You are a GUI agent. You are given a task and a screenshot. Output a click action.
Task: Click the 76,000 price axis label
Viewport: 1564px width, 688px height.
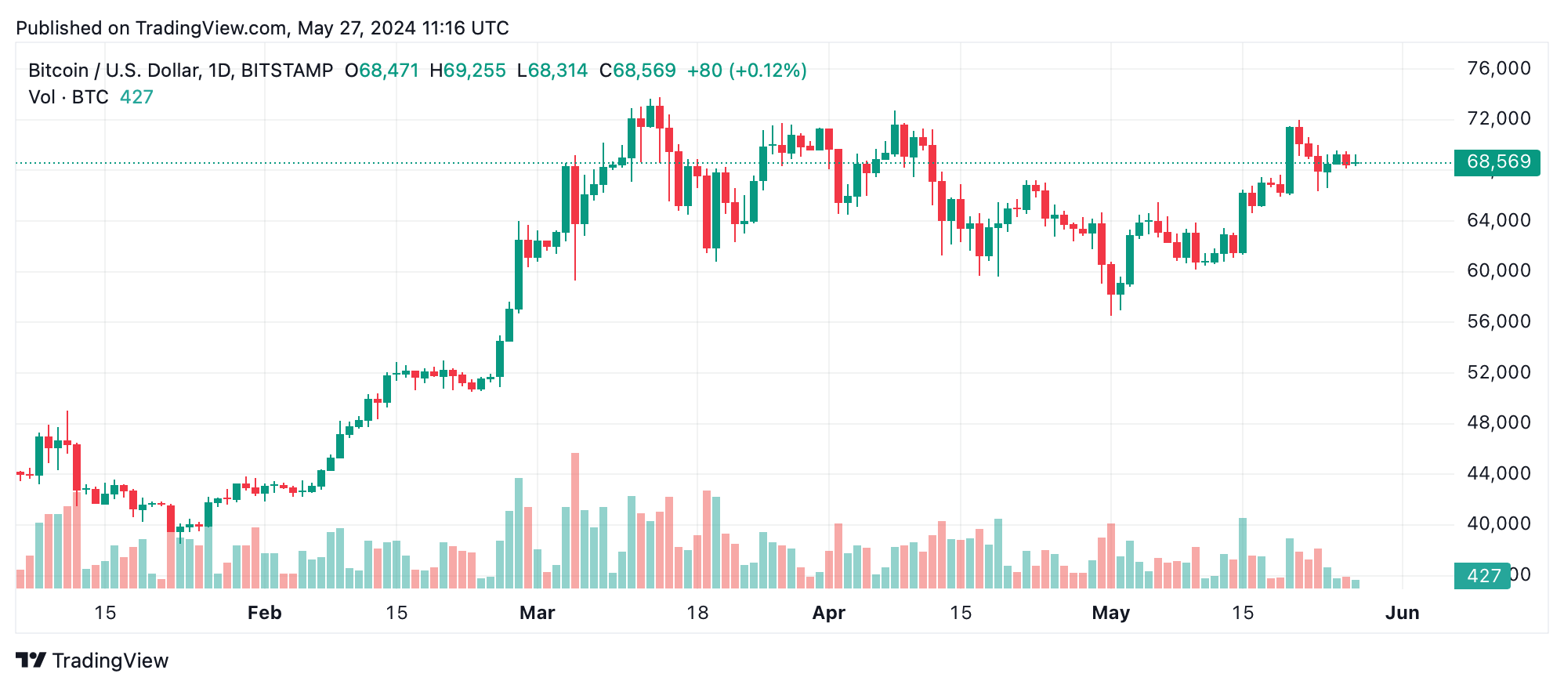point(1498,69)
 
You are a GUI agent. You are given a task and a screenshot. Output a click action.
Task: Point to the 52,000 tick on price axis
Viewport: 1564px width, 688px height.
point(1498,372)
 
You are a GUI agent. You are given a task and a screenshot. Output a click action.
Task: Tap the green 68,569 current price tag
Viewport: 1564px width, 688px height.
point(1497,162)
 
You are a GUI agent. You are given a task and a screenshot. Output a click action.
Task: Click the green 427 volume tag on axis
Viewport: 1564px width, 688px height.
point(1482,576)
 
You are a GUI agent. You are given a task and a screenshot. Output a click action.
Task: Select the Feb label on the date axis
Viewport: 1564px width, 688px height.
point(264,613)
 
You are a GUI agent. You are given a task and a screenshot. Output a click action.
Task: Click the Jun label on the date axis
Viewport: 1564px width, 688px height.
point(1402,613)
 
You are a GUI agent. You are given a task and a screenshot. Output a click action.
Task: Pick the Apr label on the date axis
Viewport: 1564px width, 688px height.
point(828,613)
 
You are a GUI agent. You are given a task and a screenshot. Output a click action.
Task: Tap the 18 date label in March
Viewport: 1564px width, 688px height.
point(697,613)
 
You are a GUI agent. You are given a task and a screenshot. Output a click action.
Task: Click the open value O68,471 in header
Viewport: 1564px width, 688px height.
point(382,71)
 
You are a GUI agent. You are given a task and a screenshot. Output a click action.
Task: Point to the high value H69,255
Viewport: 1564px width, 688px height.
point(468,71)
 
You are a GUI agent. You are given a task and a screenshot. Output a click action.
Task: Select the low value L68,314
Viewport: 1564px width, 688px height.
point(552,71)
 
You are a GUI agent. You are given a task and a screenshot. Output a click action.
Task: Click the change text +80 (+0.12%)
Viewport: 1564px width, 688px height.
point(747,71)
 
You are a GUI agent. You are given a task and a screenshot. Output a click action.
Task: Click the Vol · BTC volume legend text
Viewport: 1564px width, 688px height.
point(68,97)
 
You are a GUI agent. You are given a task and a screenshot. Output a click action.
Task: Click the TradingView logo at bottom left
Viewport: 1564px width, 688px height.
point(92,661)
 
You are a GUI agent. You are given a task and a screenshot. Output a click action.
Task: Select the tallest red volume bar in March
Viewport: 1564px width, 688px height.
point(575,521)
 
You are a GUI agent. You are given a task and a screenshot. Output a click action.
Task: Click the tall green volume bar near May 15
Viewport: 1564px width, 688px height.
point(1242,552)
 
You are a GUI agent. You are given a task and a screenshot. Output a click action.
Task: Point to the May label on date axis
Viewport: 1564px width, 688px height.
point(1110,613)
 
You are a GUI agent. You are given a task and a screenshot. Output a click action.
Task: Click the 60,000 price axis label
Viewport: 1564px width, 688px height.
point(1498,271)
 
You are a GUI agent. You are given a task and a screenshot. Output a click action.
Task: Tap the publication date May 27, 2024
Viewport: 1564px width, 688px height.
point(357,28)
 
